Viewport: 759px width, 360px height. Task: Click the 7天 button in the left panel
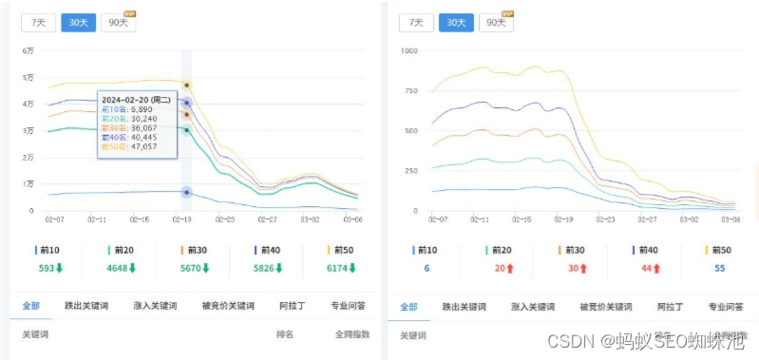click(x=38, y=23)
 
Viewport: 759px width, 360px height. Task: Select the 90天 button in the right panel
click(x=495, y=23)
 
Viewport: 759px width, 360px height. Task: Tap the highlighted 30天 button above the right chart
click(x=456, y=23)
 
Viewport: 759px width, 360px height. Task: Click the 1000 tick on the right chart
click(x=409, y=50)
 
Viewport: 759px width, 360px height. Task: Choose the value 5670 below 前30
click(x=194, y=269)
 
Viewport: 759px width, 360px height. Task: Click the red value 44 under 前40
click(x=645, y=269)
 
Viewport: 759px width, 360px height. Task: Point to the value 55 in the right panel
click(x=720, y=269)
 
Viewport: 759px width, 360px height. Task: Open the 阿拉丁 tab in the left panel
click(x=293, y=307)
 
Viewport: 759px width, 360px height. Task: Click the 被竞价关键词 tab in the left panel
click(x=228, y=307)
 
